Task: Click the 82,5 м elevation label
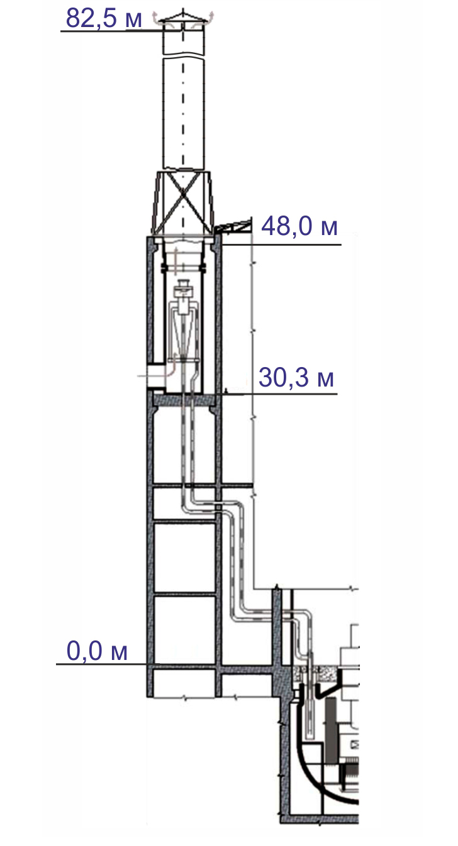104,18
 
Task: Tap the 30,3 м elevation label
296,377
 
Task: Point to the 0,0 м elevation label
97,651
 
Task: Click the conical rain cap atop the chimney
183,19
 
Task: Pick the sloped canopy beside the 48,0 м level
233,224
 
